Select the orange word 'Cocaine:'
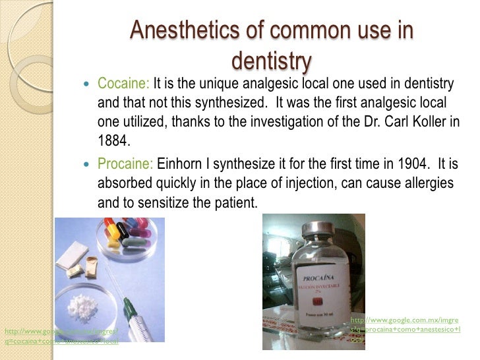pyautogui.click(x=124, y=85)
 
